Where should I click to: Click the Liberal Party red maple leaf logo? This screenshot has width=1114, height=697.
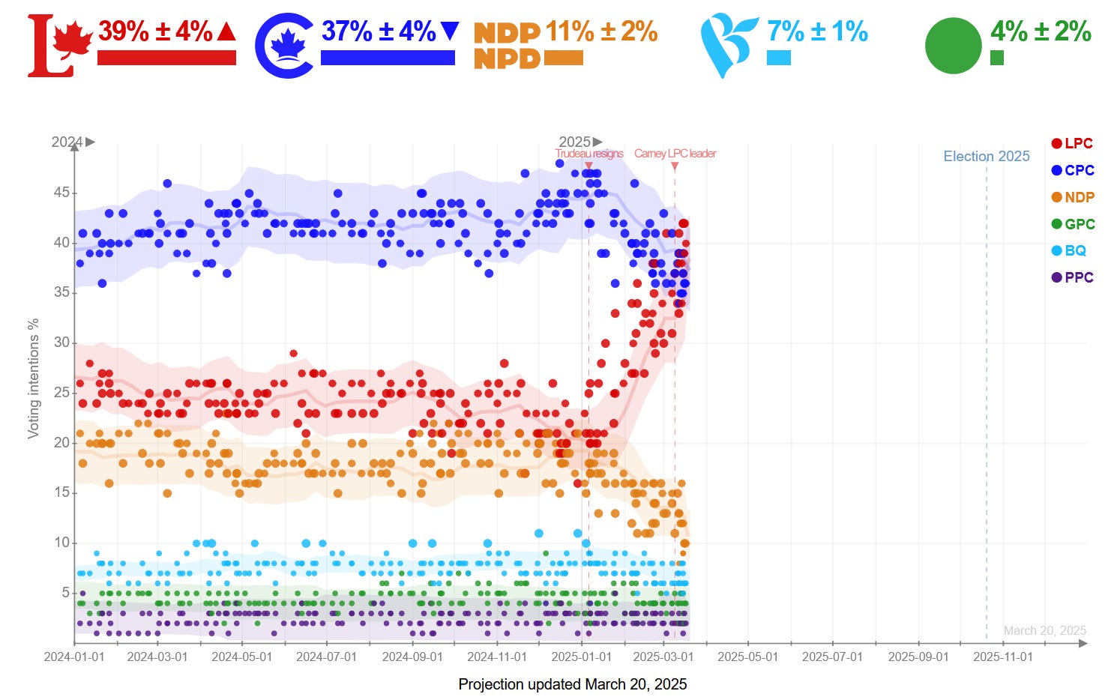coord(59,45)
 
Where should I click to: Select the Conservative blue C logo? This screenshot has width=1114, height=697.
coord(284,45)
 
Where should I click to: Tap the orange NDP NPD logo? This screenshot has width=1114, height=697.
coord(507,45)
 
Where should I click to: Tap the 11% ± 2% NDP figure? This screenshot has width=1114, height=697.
coord(601,31)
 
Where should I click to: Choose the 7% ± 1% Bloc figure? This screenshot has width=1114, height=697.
coord(817,31)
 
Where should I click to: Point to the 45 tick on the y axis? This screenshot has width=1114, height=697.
coord(61,193)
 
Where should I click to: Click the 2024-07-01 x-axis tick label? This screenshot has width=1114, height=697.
coord(326,657)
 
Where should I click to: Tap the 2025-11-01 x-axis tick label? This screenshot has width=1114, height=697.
coord(1002,657)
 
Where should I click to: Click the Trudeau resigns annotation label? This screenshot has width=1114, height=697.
coord(589,154)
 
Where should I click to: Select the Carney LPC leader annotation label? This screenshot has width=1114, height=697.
coord(675,154)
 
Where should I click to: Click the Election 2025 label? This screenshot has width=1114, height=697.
coord(986,156)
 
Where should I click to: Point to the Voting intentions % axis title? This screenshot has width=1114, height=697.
coord(33,378)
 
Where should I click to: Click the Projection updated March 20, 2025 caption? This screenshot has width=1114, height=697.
coord(572,684)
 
